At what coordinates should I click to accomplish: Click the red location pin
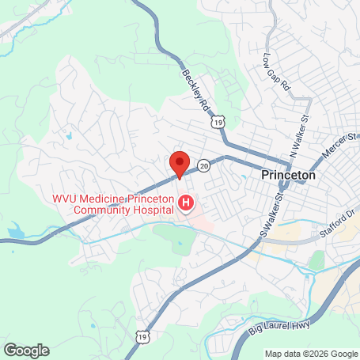[180, 163]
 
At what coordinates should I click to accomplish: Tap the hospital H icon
[187, 204]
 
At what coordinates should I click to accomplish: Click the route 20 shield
[204, 165]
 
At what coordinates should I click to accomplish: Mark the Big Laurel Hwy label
[256, 315]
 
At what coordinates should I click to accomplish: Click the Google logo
[26, 350]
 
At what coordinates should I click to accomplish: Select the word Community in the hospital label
[101, 210]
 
